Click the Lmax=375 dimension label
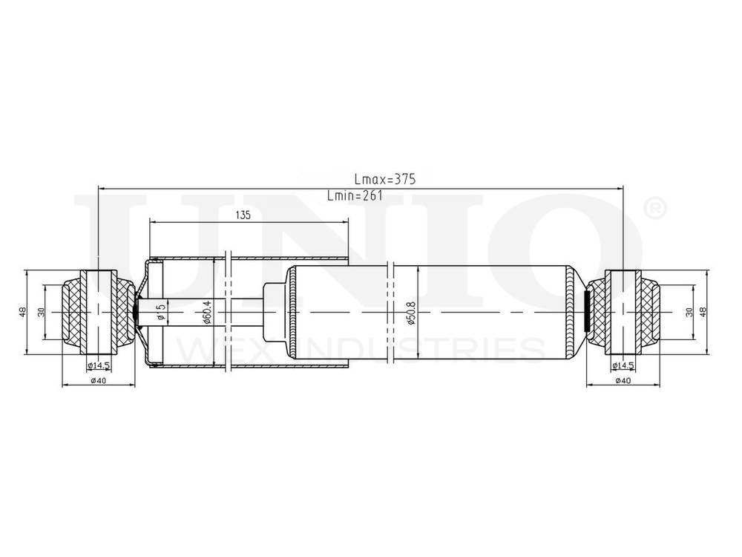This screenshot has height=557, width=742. click(384, 179)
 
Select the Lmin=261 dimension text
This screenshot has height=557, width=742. click(355, 195)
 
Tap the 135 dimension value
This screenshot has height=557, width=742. click(243, 215)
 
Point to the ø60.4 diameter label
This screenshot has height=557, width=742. click(206, 313)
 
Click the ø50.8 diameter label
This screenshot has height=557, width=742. click(411, 313)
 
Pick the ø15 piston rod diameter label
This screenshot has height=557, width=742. click(161, 313)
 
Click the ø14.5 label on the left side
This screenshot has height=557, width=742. click(99, 365)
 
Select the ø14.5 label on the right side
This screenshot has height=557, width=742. click(623, 365)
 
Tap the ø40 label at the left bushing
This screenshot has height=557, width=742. click(98, 380)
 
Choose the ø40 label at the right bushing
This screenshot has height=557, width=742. click(623, 380)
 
